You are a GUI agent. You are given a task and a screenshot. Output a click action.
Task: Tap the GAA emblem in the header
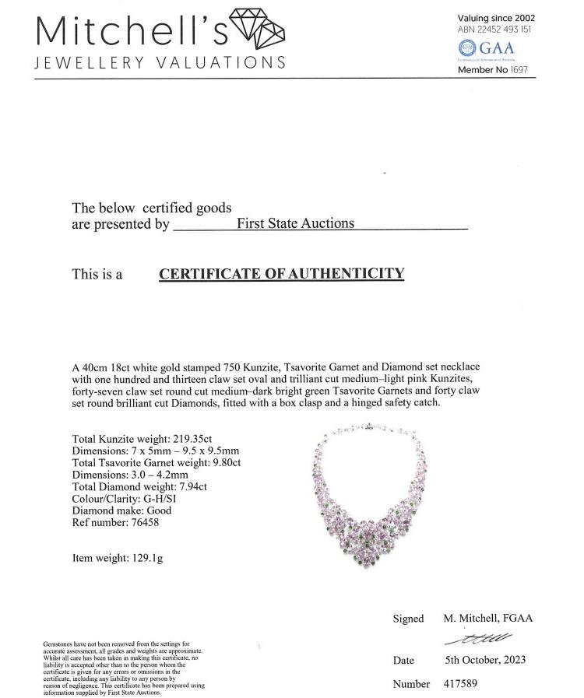466,48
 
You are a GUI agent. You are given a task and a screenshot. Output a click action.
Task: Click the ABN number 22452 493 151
505,30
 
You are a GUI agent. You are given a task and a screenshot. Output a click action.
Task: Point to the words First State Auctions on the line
295,223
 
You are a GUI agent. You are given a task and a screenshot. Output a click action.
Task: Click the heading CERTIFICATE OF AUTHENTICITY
281,273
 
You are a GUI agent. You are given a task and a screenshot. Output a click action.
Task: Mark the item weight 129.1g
148,557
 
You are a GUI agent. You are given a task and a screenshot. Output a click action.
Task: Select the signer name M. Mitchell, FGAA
488,619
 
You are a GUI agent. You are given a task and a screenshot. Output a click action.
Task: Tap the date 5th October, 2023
485,660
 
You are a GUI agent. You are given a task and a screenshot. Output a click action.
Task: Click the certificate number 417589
460,684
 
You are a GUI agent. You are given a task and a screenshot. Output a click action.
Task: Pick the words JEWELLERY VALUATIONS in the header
160,62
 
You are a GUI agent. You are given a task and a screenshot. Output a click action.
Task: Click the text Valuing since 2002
496,18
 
